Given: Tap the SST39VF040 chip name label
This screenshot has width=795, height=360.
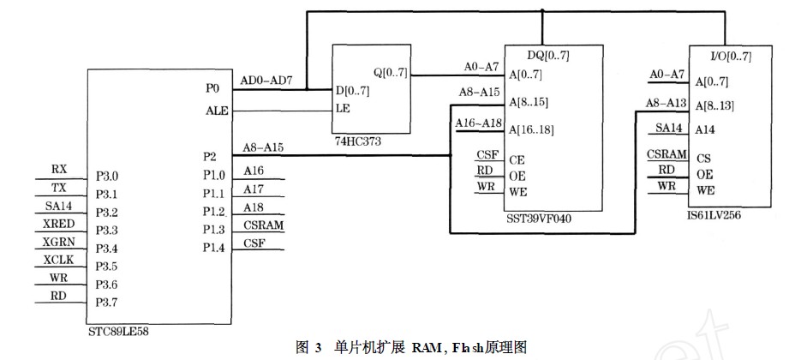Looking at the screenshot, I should point(539,219).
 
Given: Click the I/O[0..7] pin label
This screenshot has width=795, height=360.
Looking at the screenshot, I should point(731,57).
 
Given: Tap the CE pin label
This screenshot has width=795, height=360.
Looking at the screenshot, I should point(517,159).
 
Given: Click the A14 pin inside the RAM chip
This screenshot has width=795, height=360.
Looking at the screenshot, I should point(706,130).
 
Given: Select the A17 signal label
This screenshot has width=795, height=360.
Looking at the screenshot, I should point(254,189).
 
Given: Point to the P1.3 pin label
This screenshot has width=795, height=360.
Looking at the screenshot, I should point(213,230).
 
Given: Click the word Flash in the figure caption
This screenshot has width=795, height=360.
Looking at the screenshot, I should point(450,347).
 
